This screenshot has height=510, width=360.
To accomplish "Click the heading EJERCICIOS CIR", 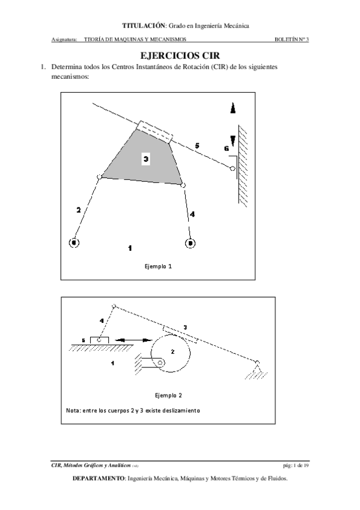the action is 180,55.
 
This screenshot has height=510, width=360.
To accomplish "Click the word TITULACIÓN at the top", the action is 144,26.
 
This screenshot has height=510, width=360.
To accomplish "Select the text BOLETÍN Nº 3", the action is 291,39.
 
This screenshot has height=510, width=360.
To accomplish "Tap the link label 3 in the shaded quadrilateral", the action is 146,159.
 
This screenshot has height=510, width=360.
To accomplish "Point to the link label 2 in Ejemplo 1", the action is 78,210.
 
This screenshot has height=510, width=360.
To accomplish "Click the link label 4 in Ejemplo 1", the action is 192,214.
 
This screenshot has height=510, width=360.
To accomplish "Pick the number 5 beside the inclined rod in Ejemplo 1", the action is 197,146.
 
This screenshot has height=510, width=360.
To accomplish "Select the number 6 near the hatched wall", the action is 227,149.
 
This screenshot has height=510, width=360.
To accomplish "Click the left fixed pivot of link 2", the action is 74,242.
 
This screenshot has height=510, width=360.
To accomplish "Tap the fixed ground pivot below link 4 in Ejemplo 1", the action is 190,243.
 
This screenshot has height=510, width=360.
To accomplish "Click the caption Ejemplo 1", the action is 158,266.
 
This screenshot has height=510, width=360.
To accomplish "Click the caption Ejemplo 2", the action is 168,396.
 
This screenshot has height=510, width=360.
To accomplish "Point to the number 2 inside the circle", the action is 172,352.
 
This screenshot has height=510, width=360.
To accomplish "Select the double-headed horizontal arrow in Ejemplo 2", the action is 133,340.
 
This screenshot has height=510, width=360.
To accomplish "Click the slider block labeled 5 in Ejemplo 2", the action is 99,340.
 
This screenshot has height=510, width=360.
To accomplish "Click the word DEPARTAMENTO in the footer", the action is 99,479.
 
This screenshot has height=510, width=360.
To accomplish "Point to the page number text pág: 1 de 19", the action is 296,465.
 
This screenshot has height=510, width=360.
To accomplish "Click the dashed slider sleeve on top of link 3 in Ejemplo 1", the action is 154,132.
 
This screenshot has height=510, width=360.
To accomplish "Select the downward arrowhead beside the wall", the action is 233,141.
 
